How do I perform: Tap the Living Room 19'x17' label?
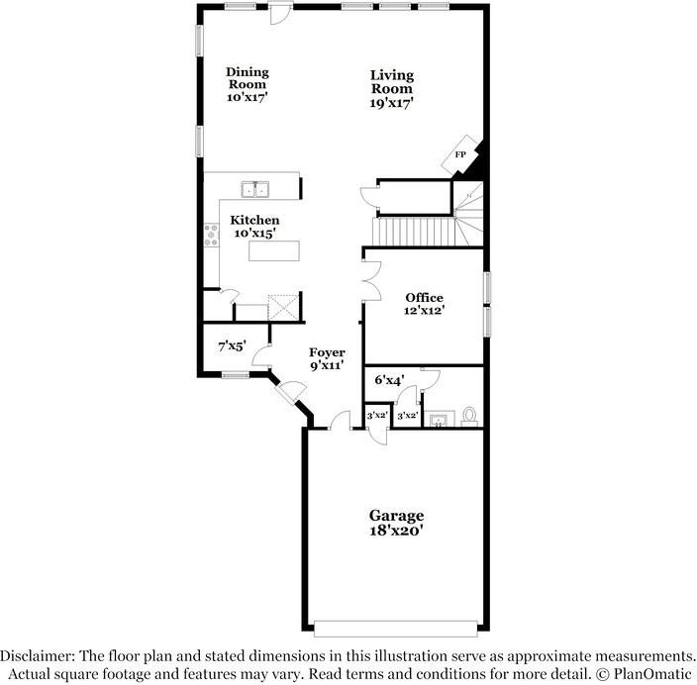click(392, 89)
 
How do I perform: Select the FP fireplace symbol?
click(461, 154)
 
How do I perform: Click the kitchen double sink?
click(255, 189)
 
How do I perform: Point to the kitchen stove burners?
click(211, 236)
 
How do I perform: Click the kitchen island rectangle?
click(274, 250)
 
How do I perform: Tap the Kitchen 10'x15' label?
click(254, 227)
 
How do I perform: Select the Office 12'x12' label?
click(424, 304)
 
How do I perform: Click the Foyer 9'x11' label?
click(327, 359)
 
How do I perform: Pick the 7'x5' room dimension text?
click(232, 345)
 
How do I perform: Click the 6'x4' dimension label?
click(389, 380)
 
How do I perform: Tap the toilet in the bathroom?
click(469, 417)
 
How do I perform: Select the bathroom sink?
click(440, 419)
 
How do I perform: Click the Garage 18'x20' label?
click(396, 523)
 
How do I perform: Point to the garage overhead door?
click(396, 629)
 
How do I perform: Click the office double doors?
click(372, 282)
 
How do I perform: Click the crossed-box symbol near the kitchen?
click(283, 307)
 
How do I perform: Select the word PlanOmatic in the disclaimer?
click(653, 674)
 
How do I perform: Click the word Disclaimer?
click(36, 656)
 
